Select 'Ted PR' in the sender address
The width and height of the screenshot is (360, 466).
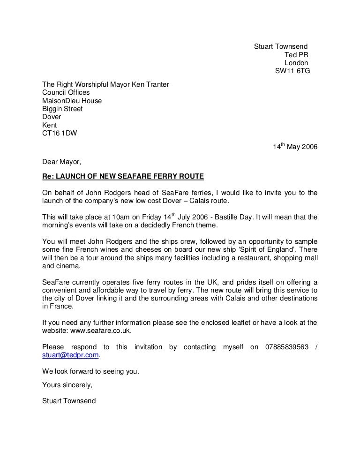296,55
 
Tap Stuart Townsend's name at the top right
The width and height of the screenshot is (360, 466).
280,46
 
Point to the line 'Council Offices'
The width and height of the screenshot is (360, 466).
66,92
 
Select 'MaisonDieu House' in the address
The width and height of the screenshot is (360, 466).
72,101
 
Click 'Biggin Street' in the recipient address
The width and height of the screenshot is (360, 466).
62,109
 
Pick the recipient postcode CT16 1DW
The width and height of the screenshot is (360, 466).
60,133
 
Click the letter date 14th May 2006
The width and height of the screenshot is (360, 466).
295,147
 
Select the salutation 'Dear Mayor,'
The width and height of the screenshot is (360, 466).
61,162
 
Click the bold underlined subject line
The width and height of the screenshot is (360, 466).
123,176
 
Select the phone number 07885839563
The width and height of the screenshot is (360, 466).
287,347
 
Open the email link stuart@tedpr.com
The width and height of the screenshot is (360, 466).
70,355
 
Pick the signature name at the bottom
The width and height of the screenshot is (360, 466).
68,401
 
